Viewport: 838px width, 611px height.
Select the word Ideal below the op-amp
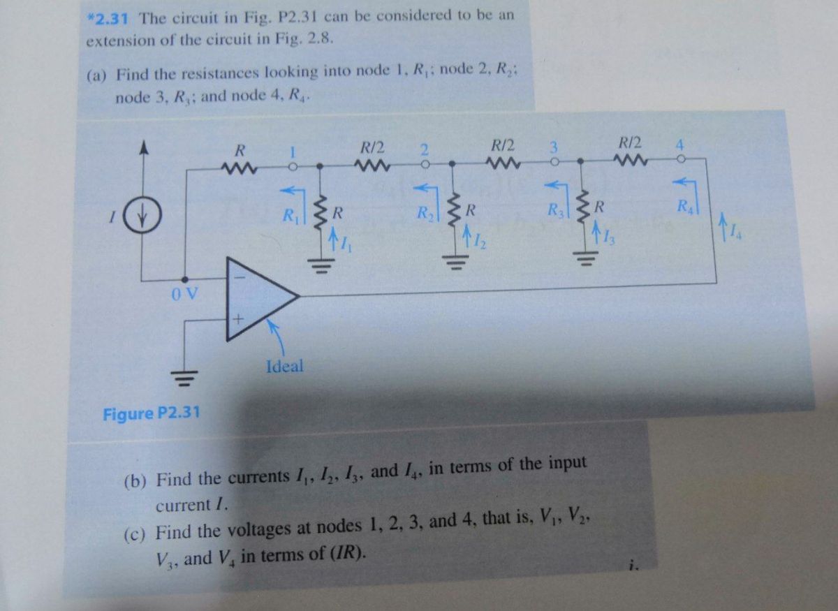285,365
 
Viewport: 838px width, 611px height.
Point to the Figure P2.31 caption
151,413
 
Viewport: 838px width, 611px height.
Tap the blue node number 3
553,148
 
